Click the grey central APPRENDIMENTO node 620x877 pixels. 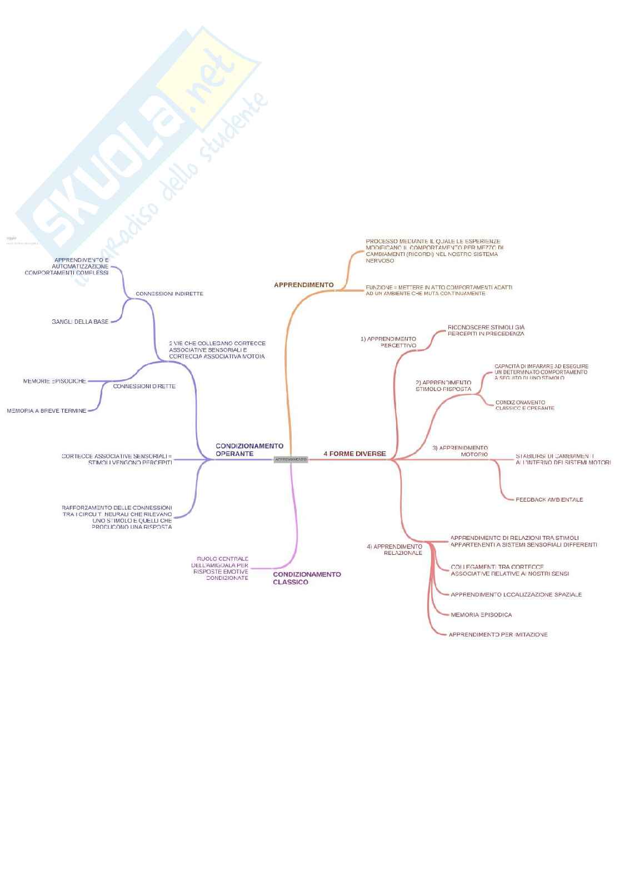pyautogui.click(x=291, y=459)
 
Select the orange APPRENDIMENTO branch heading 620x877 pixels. pyautogui.click(x=303, y=285)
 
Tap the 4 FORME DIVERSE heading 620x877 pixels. pyautogui.click(x=354, y=454)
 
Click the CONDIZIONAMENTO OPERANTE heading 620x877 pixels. pyautogui.click(x=249, y=450)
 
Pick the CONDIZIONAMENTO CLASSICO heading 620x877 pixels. pyautogui.click(x=307, y=578)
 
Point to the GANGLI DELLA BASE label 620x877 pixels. pyautogui.click(x=80, y=322)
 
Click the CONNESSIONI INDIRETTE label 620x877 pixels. pyautogui.click(x=169, y=294)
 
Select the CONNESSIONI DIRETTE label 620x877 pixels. pyautogui.click(x=144, y=386)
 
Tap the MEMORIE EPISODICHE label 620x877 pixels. pyautogui.click(x=54, y=382)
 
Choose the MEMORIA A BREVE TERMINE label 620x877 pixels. pyautogui.click(x=47, y=411)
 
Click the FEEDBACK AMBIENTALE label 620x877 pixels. pyautogui.click(x=549, y=500)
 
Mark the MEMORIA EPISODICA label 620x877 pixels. pyautogui.click(x=481, y=615)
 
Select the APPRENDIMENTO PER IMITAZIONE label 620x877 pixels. pyautogui.click(x=498, y=635)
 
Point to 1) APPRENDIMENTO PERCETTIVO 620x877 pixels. pyautogui.click(x=388, y=342)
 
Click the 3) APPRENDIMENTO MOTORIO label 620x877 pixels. pyautogui.click(x=461, y=451)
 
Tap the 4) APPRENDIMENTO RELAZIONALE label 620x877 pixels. pyautogui.click(x=395, y=550)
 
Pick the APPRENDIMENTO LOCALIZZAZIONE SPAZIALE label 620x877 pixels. pyautogui.click(x=516, y=595)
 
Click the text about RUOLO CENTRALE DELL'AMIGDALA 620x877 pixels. pyautogui.click(x=221, y=568)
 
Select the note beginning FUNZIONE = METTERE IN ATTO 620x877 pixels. pyautogui.click(x=439, y=290)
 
